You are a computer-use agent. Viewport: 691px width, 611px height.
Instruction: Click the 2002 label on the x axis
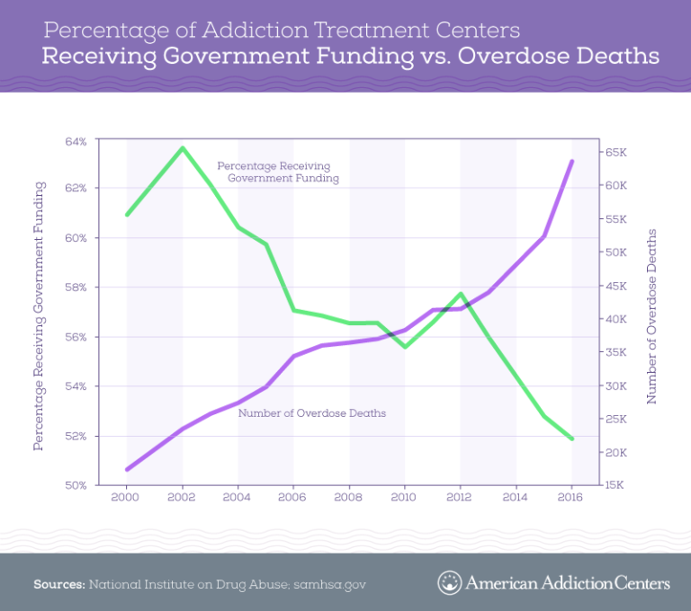pos(182,496)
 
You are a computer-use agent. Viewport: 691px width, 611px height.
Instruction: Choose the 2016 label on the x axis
pos(572,496)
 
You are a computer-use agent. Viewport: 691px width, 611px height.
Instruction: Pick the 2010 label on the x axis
pos(405,496)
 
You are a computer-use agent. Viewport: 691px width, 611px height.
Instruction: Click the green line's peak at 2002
pos(182,147)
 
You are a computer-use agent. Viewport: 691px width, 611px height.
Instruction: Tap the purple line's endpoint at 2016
pos(572,161)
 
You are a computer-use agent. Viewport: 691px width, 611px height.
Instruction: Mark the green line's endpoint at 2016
pos(572,438)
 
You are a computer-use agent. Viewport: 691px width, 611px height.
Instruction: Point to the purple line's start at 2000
pos(127,469)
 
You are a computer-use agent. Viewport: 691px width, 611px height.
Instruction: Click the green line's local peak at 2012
pos(461,294)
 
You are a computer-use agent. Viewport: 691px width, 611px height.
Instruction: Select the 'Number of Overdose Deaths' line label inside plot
pos(311,413)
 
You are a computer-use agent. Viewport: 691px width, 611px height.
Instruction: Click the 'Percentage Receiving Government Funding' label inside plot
pos(274,173)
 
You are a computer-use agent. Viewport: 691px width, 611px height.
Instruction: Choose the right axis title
pos(652,314)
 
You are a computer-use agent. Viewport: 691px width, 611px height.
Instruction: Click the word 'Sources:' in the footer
pos(58,584)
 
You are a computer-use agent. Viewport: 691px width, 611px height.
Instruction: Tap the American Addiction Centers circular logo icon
pos(449,583)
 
